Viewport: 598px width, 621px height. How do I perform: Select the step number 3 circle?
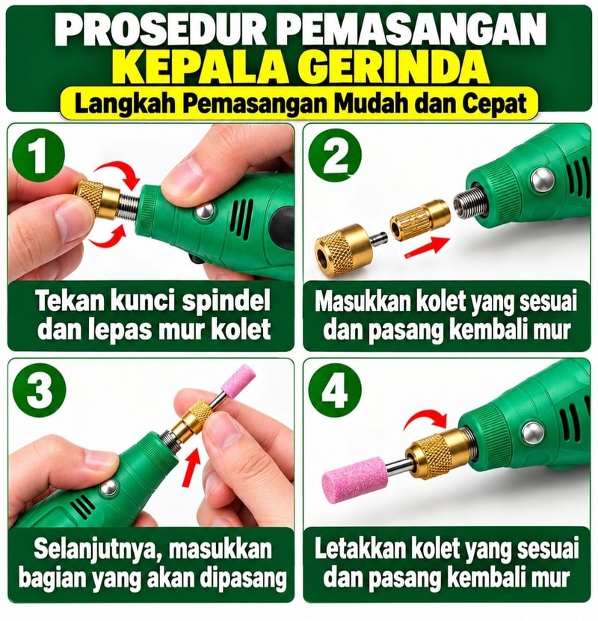pos(39,389)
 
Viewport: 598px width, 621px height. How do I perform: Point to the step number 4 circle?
pos(336,389)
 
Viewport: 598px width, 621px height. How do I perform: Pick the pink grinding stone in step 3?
pos(235,380)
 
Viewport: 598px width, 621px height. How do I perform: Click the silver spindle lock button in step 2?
pos(541,179)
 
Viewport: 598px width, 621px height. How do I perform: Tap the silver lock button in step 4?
pos(533,433)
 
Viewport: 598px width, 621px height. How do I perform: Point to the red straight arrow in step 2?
pos(427,247)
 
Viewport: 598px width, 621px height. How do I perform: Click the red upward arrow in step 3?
pos(192,466)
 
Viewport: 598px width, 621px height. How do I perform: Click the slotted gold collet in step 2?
pos(420,220)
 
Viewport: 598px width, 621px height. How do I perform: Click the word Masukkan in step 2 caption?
pos(363,302)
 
